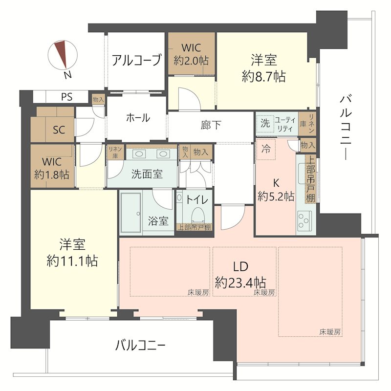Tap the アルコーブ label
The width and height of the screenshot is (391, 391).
pos(136,61)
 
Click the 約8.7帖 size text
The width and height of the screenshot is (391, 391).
pos(264,76)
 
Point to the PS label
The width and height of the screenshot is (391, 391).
pos(67,97)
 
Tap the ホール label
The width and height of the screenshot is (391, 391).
pos(138,118)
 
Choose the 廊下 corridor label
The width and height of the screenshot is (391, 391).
pos(211,125)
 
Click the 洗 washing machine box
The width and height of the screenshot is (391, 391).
pos(264,124)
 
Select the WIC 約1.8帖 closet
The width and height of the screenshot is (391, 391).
pos(52,168)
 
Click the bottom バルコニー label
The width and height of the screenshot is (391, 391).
pos(140,346)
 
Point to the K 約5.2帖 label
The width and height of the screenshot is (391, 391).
pos(276,191)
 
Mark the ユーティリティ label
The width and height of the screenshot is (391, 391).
pos(284,124)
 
